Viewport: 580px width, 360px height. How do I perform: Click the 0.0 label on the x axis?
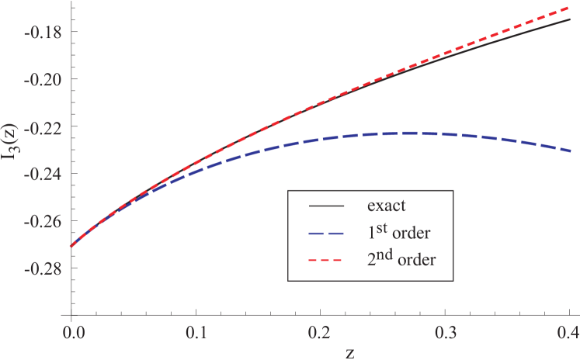71,331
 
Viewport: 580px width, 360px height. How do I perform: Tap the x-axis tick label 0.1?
196,331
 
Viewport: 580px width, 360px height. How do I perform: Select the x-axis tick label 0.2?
321,331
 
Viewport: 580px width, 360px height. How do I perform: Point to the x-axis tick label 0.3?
446,331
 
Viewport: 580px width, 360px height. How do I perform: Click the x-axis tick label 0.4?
568,331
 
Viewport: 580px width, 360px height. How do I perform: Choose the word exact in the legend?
387,206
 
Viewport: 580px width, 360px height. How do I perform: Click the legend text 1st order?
398,231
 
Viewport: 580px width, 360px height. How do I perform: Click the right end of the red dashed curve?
569,8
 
